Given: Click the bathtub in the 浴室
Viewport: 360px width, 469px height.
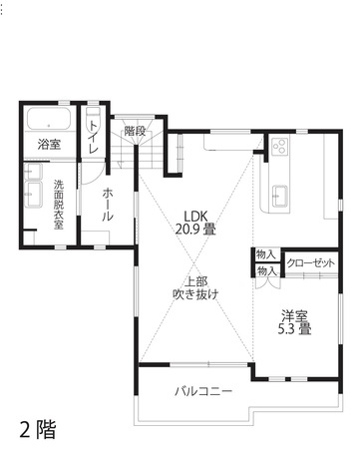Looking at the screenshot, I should pos(47,121).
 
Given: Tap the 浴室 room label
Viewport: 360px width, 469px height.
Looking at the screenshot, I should pos(49,145).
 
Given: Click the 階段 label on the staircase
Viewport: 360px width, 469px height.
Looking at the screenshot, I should pos(136,131).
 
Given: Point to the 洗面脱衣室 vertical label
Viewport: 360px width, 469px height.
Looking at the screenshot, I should pos(59,203).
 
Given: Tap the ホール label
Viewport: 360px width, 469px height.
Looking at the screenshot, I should pos(107,204).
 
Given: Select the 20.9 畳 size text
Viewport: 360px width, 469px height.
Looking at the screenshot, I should pos(195,230).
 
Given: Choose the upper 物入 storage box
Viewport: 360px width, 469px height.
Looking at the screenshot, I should pos(266,256).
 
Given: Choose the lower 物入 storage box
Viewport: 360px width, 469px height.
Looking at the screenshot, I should pos(266,270).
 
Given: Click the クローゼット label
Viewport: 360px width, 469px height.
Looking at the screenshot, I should pos(310,262).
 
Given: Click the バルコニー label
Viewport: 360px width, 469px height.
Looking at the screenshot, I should pos(203,390).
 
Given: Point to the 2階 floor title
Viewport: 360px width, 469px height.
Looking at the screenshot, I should pos(38,430).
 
